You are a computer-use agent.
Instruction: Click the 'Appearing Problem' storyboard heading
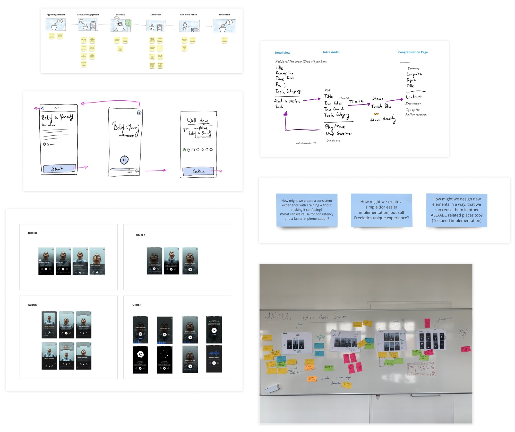[x=56, y=15]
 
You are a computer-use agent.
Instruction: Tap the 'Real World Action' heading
[x=188, y=15]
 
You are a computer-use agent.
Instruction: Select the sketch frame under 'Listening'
[x=121, y=25]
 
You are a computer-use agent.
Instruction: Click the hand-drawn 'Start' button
[x=59, y=169]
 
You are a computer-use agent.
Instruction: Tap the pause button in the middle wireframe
[x=124, y=160]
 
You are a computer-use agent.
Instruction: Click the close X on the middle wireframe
[x=139, y=113]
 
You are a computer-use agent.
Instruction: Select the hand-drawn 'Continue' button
[x=198, y=171]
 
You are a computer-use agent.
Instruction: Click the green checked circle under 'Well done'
[x=184, y=150]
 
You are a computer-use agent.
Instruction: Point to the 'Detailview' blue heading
[x=282, y=53]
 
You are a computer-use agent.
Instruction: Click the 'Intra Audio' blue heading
[x=331, y=52]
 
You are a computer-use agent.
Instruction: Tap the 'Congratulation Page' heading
[x=413, y=52]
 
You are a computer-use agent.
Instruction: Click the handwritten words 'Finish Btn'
[x=381, y=106]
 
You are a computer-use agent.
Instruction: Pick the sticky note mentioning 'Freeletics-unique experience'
[x=381, y=210]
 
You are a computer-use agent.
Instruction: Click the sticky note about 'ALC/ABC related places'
[x=457, y=210]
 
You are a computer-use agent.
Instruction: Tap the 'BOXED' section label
[x=32, y=233]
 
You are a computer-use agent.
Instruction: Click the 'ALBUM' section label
[x=33, y=305]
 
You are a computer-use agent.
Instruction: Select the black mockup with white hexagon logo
[x=140, y=359]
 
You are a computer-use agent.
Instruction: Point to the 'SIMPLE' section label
[x=140, y=235]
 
